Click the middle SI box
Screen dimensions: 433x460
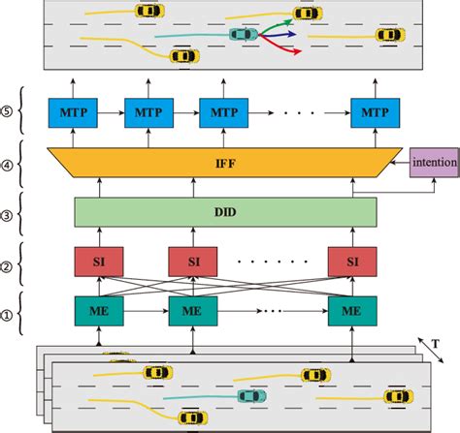pos(192,263)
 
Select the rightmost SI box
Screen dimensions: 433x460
pos(350,263)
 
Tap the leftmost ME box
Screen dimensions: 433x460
pos(98,312)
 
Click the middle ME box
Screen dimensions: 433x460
pos(192,312)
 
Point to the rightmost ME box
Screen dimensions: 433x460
pos(350,312)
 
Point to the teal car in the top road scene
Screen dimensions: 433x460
pos(243,35)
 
